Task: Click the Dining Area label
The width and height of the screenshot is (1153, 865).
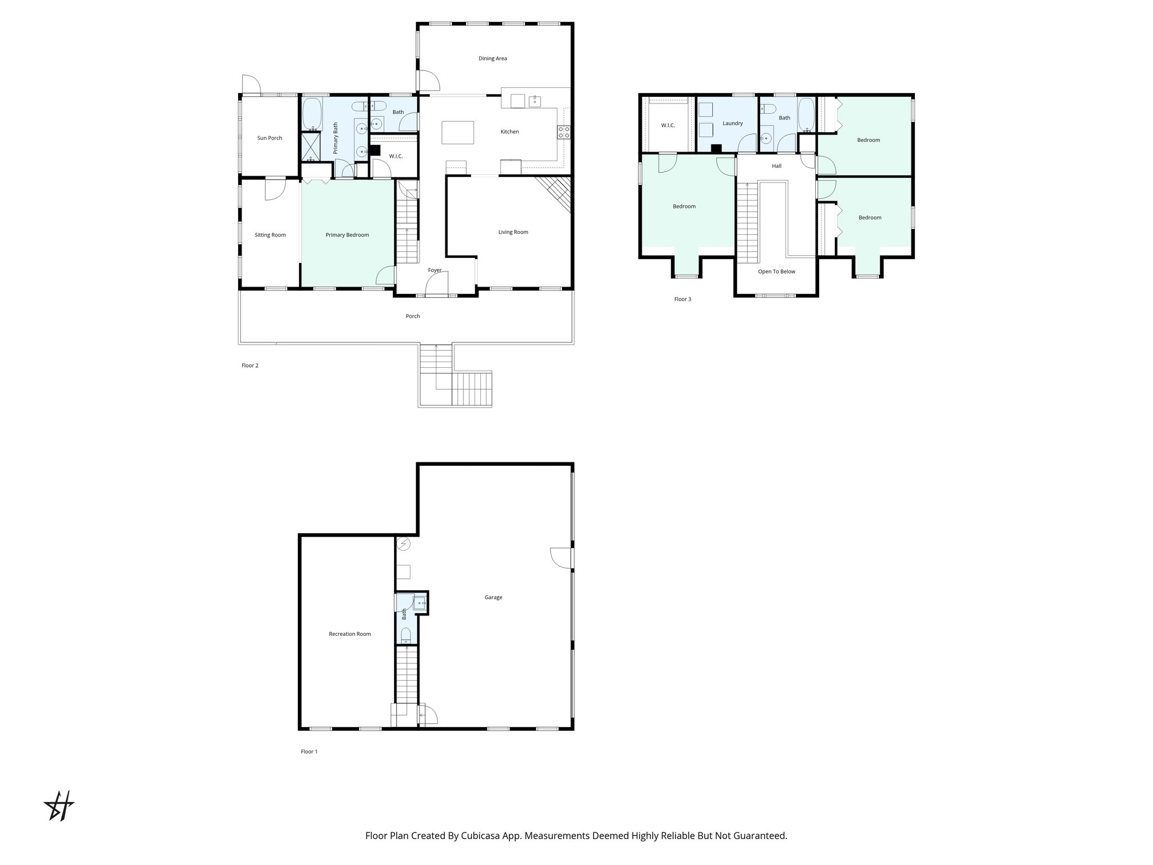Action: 493,59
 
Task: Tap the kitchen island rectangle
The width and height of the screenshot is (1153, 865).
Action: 458,133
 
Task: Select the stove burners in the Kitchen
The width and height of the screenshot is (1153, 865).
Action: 563,132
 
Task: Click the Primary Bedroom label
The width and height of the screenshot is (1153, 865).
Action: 347,235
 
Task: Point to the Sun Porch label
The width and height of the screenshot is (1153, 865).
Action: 269,138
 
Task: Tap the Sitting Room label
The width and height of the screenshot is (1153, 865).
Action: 270,235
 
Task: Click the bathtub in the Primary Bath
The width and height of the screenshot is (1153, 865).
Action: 311,114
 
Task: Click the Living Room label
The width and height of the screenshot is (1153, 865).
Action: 513,232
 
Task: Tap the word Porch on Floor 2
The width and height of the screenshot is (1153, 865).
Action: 413,316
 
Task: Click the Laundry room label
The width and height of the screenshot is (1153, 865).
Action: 732,123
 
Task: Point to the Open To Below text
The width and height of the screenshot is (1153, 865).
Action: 776,271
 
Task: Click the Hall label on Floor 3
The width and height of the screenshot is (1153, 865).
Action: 776,166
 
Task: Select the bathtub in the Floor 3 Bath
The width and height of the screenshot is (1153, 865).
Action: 806,114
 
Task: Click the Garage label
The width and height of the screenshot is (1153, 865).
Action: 493,598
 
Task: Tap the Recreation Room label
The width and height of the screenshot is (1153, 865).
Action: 350,634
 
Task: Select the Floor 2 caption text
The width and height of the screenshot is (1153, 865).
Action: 249,365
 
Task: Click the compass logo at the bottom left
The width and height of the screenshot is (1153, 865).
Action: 59,806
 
